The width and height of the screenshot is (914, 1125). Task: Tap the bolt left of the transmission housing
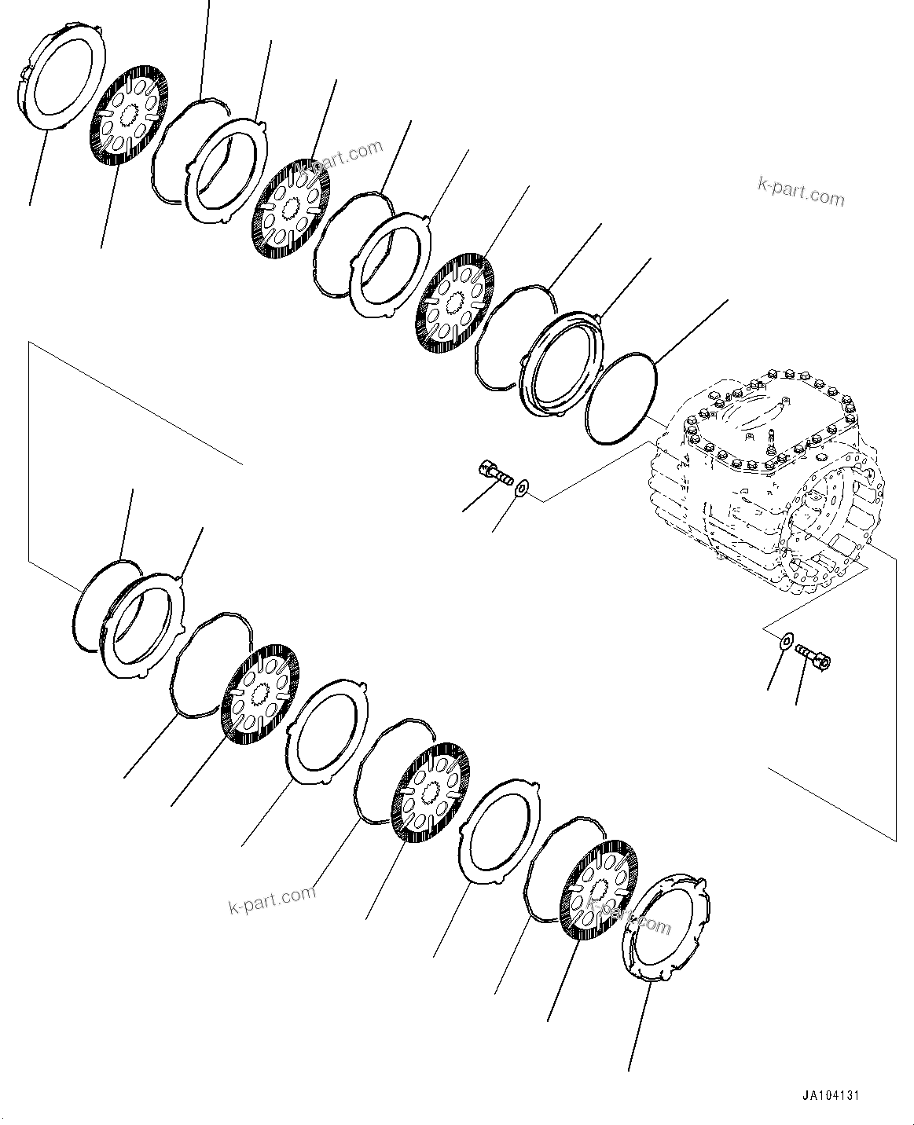point(494,474)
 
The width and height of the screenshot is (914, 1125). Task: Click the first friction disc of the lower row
point(260,691)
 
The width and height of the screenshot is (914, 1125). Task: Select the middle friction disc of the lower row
point(429,794)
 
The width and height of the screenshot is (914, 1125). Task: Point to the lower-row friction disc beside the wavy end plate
point(599,889)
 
